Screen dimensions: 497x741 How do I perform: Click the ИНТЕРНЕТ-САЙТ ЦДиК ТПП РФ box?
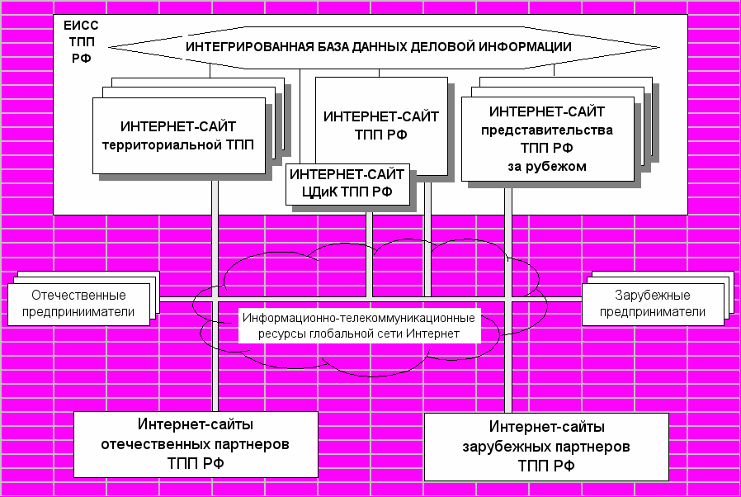[x=347, y=184]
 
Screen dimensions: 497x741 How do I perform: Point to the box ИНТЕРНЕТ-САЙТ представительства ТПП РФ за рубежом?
[x=547, y=139]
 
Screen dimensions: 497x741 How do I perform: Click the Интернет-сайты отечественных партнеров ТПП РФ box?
[x=196, y=444]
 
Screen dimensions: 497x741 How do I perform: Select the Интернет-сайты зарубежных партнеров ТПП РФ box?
[x=546, y=447]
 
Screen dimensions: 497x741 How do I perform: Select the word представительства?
[x=547, y=130]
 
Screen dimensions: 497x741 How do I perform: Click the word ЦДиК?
[x=318, y=192]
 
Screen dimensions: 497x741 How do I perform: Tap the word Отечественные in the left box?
[x=78, y=296]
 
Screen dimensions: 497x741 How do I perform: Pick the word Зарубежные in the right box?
[x=653, y=296]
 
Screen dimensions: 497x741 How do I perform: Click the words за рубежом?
[x=547, y=166]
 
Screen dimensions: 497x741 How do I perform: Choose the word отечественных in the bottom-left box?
[x=176, y=444]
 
